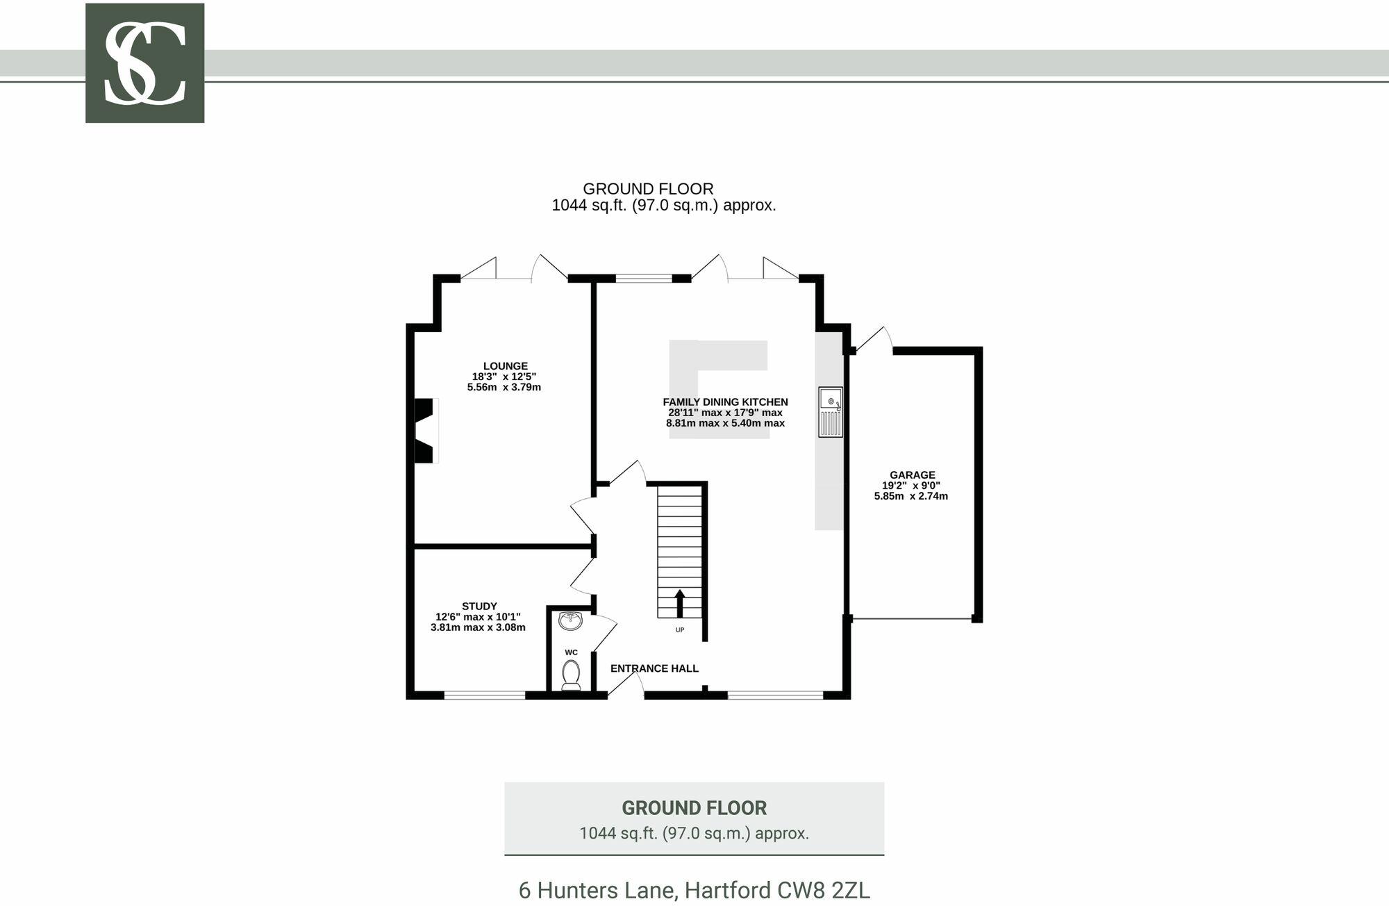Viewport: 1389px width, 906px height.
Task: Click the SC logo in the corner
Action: [144, 63]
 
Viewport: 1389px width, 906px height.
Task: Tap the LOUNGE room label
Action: [505, 366]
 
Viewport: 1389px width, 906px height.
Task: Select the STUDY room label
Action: [479, 606]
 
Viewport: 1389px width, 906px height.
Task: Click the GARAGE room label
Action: [912, 475]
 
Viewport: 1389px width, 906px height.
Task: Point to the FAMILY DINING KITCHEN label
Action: [725, 402]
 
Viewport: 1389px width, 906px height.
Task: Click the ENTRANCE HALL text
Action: [654, 668]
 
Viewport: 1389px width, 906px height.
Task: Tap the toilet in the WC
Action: [571, 674]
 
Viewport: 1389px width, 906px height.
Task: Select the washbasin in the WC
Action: [571, 620]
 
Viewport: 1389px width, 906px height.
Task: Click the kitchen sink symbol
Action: [830, 412]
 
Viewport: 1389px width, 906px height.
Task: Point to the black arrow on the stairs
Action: [679, 603]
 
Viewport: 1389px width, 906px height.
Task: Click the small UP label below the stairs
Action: [680, 630]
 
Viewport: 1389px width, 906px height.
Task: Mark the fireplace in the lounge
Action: [425, 430]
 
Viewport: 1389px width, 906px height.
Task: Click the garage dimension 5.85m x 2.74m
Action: [910, 496]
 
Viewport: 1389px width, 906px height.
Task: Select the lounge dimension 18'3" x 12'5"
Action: [504, 377]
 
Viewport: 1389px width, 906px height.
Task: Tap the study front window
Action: [485, 694]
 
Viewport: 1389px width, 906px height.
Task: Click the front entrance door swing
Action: [626, 683]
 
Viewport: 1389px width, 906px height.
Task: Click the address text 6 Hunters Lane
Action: [694, 890]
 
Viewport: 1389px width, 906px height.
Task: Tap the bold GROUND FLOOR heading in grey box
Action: [694, 808]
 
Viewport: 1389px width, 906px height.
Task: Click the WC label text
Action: [571, 652]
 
